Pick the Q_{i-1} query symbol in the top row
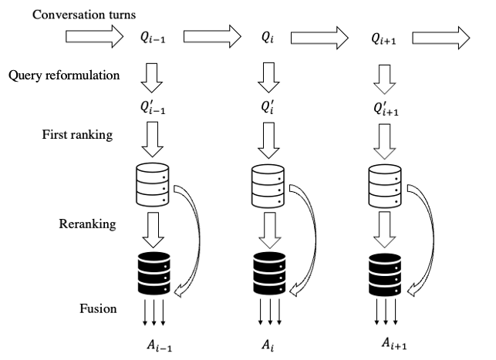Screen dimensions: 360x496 click(x=148, y=37)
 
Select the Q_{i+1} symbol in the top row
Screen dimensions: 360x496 click(x=385, y=37)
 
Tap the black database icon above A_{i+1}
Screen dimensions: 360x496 click(x=385, y=271)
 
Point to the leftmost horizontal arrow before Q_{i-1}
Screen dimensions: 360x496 click(x=90, y=36)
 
